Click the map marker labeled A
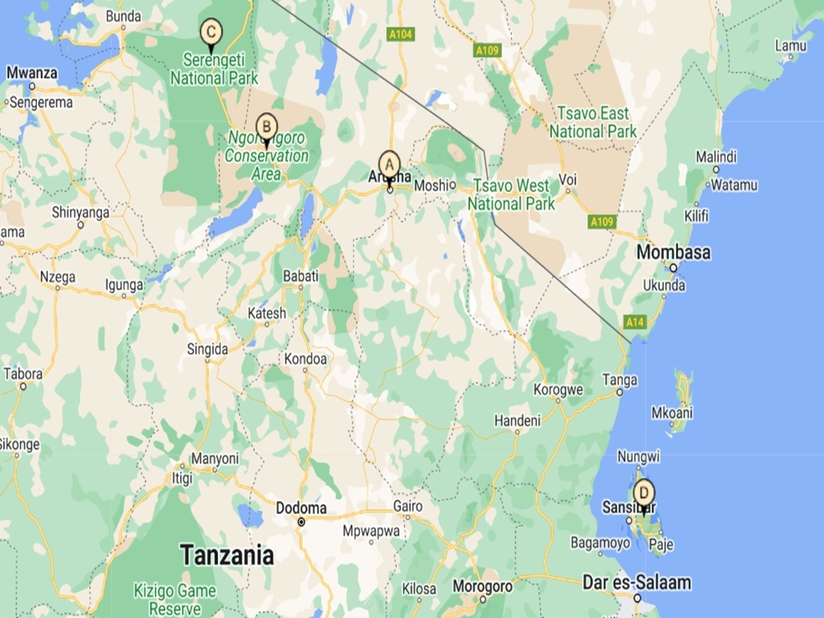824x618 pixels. point(389,165)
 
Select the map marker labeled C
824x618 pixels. point(211,33)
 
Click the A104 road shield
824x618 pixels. point(400,35)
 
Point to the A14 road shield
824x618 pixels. point(635,322)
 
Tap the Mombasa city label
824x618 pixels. point(674,253)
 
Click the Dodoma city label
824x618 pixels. point(301,509)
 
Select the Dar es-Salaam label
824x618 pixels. point(637,583)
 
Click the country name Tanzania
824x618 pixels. point(226,554)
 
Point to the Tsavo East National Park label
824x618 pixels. point(593,122)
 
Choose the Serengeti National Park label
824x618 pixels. point(214,69)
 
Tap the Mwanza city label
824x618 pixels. point(31,73)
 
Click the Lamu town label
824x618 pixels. point(790,46)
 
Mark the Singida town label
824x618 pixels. point(207,349)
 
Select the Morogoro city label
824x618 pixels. point(481,587)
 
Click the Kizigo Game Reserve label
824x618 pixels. point(175,599)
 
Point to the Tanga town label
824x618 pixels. point(620,380)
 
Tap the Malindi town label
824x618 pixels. point(715,156)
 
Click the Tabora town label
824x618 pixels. point(23,373)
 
